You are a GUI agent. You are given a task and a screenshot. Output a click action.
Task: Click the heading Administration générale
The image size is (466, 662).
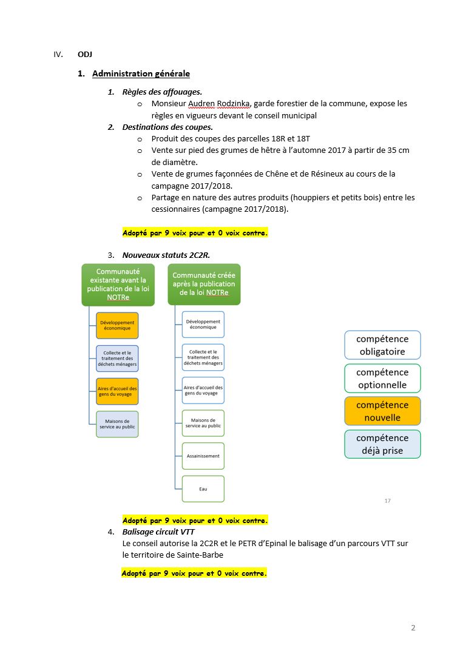click(141, 74)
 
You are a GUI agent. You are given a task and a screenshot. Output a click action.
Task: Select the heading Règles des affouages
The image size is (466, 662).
click(162, 92)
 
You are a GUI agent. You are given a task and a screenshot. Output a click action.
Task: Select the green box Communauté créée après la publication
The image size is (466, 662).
click(204, 284)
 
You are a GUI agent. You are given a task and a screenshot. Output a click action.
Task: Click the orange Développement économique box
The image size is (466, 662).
click(117, 325)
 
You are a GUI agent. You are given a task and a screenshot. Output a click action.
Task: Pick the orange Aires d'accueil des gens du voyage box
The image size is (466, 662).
click(117, 391)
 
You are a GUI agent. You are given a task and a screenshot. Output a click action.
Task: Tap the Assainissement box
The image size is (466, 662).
click(203, 456)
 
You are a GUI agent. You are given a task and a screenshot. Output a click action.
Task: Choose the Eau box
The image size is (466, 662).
click(203, 488)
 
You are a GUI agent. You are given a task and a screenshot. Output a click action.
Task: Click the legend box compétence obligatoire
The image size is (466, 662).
click(382, 345)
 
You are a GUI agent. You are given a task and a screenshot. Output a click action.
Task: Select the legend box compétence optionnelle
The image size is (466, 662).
click(382, 379)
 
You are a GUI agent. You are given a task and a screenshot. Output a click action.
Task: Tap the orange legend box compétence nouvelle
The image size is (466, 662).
click(382, 411)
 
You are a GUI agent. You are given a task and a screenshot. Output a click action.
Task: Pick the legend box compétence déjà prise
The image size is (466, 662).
click(382, 444)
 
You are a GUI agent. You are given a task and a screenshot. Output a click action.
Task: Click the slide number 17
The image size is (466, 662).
click(387, 501)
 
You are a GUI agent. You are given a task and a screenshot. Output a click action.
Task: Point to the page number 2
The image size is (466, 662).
click(413, 627)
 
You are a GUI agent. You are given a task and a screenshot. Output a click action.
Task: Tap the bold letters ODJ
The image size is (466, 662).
click(85, 54)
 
